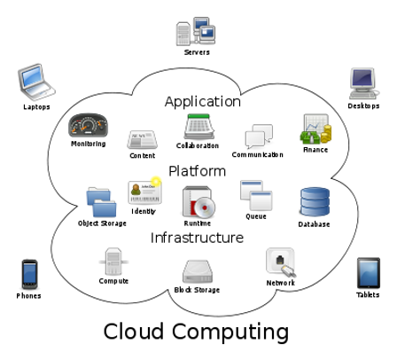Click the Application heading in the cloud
202,101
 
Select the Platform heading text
198,170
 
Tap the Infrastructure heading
197,238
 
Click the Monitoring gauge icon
88,125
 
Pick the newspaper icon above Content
142,139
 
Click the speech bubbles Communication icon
258,136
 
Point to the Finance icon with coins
315,129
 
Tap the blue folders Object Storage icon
101,202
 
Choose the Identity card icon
144,192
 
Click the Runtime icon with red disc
198,202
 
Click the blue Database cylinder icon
314,202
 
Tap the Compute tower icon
113,262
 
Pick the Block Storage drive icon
198,270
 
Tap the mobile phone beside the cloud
30,274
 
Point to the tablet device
369,273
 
